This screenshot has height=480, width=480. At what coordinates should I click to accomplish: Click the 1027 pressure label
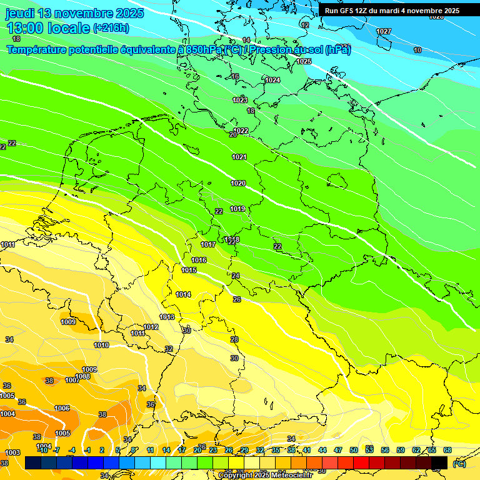pos(384,31)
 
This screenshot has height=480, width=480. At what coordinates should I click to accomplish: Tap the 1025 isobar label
pos(304,61)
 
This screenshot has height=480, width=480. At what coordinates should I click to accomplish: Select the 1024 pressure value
pos(272,80)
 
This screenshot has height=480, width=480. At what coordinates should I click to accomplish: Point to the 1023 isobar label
pos(240,100)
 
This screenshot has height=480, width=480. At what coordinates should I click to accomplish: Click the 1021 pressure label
pos(239,157)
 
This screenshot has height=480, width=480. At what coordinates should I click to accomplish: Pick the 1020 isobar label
pos(238,183)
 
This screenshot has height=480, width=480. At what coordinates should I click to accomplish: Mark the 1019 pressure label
pos(237,209)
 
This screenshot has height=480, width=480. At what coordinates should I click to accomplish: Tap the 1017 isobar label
pos(208,244)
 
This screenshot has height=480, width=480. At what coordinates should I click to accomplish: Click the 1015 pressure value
pos(189,270)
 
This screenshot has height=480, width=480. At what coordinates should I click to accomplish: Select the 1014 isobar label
pos(183,294)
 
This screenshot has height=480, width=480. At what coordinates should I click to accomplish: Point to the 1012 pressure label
pos(151,327)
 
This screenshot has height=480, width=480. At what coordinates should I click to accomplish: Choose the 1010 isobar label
pos(101,345)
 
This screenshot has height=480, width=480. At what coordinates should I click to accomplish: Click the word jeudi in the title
pos(21,13)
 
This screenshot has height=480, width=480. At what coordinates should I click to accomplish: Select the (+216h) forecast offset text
pos(111,28)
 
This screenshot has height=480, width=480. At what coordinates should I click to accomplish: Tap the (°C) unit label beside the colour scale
pos(459,463)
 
